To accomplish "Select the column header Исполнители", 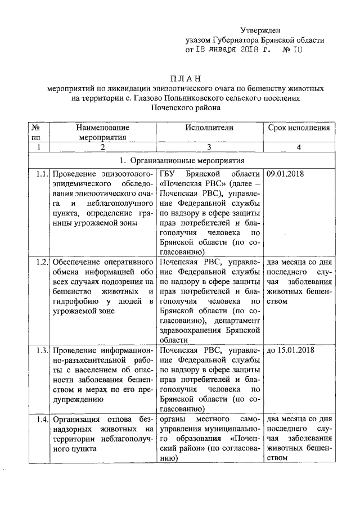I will (x=209, y=128).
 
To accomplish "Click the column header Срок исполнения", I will (x=299, y=128).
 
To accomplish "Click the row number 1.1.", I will (x=39, y=173).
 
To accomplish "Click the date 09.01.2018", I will (x=285, y=173).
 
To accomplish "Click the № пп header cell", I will (x=38, y=132).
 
